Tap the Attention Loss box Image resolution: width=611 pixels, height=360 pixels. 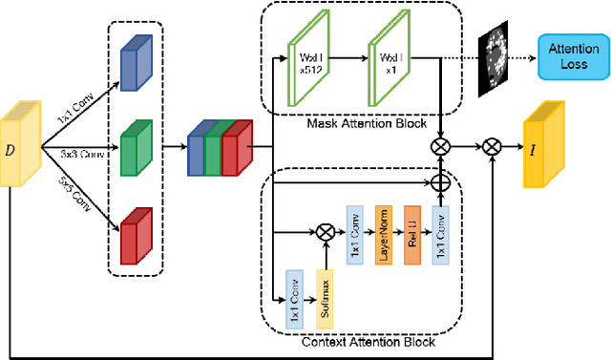click(573, 57)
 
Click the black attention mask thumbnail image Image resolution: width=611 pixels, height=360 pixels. click(495, 57)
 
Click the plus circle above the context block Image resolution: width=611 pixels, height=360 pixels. click(441, 180)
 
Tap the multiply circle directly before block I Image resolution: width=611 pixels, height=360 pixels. click(492, 146)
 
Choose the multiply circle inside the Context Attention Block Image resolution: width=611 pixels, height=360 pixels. click(322, 231)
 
